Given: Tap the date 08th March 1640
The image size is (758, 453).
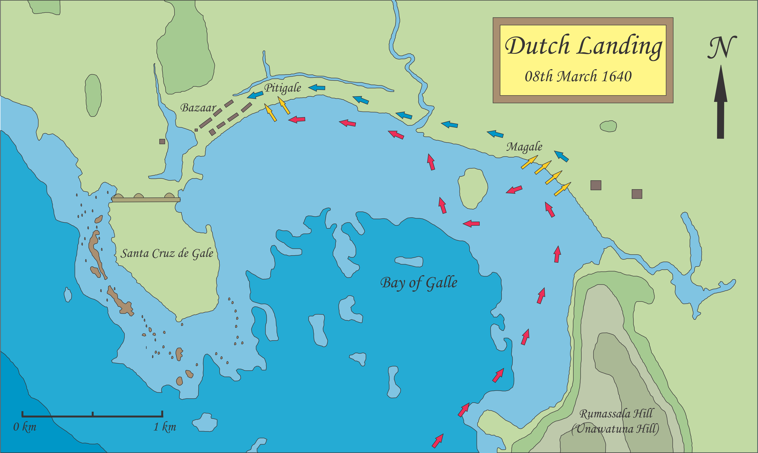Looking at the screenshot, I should [578, 76].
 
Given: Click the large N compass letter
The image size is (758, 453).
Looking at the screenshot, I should [722, 47].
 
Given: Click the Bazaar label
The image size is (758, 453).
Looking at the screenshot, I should [198, 108].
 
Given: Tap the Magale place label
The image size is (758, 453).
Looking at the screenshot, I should [524, 147].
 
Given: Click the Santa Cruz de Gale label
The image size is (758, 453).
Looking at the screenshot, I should [167, 253].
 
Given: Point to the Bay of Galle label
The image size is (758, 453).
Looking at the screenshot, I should [419, 283].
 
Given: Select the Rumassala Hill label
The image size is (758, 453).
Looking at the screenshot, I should [616, 414].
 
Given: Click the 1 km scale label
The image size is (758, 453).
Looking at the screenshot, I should [164, 427].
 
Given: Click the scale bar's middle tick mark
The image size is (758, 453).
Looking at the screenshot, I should [92, 414].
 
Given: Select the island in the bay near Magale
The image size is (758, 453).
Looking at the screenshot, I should [472, 189].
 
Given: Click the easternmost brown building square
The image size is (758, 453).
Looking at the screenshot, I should [637, 194].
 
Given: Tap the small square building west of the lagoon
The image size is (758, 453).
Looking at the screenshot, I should [162, 141].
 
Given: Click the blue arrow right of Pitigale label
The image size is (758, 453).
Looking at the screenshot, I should [317, 88].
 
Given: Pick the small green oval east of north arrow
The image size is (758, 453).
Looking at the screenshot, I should [608, 126].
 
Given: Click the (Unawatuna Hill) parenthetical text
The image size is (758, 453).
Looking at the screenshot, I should [615, 429].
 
